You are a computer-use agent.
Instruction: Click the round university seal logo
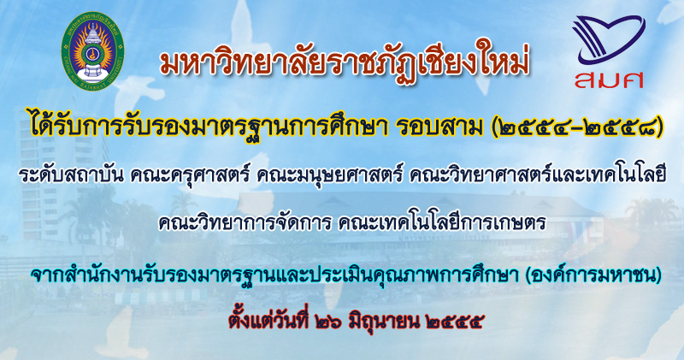(x=92, y=50)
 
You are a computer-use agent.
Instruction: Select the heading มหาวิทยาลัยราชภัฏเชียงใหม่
(x=345, y=62)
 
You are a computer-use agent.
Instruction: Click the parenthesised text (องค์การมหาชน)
(x=593, y=274)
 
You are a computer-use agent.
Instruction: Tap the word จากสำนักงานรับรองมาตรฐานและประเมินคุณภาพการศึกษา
(x=275, y=274)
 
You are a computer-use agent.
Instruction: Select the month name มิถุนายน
(x=384, y=322)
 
